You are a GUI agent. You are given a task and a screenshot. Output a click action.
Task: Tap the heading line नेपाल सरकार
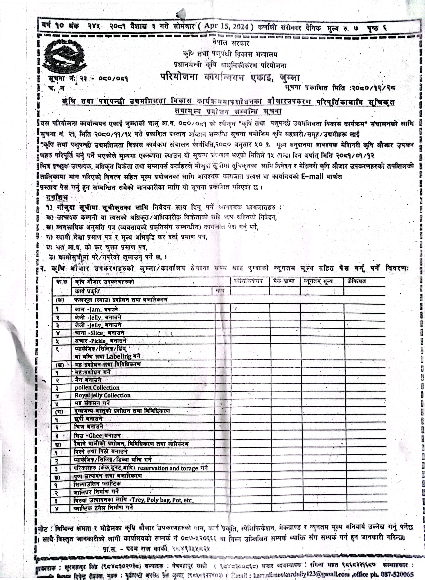pyautogui.click(x=231, y=43)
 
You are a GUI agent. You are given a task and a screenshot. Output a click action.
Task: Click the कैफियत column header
pyautogui.click(x=356, y=281)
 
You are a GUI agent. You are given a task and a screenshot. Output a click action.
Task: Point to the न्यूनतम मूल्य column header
pyautogui.click(x=318, y=281)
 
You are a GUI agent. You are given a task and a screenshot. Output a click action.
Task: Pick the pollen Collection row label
pyautogui.click(x=97, y=387)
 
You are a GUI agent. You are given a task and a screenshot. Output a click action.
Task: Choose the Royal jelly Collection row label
pyautogui.click(x=102, y=395)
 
